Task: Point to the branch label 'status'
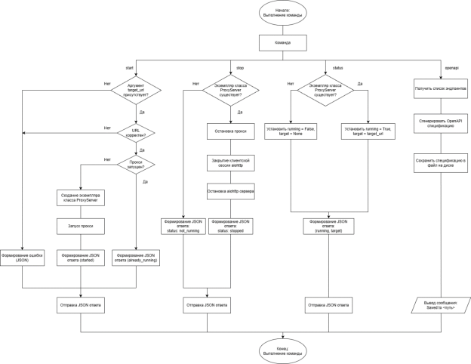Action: click(x=337, y=67)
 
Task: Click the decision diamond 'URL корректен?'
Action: click(x=136, y=133)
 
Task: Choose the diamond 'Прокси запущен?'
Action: click(x=136, y=165)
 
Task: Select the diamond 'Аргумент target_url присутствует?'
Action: click(x=136, y=92)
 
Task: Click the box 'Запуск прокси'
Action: click(x=80, y=227)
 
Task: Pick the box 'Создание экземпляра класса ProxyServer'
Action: click(x=80, y=198)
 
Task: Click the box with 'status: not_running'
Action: click(x=183, y=227)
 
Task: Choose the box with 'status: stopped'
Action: click(x=230, y=227)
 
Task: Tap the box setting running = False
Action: click(x=291, y=132)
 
